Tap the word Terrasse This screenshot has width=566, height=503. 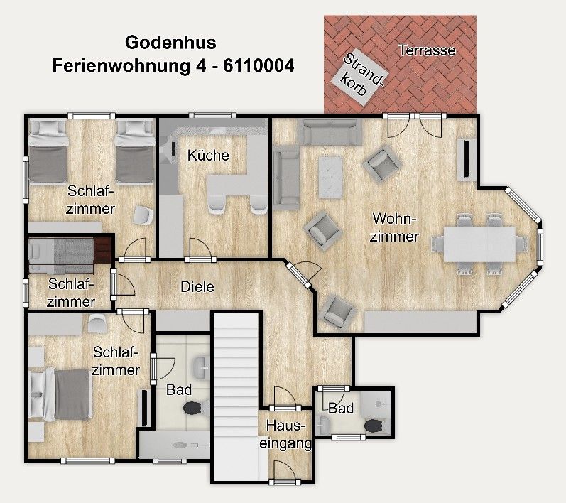427,50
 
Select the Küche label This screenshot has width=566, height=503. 208,156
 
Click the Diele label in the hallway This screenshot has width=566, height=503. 197,287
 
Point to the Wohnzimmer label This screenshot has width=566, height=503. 394,227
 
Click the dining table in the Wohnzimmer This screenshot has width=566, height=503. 480,244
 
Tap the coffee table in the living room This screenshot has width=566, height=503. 330,178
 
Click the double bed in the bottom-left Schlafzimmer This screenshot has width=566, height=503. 60,394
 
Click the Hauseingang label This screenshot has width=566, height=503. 285,434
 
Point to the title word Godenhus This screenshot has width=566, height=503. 170,42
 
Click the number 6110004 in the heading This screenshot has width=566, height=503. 258,66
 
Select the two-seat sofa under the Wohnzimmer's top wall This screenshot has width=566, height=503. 330,132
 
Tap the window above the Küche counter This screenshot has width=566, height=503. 212,116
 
